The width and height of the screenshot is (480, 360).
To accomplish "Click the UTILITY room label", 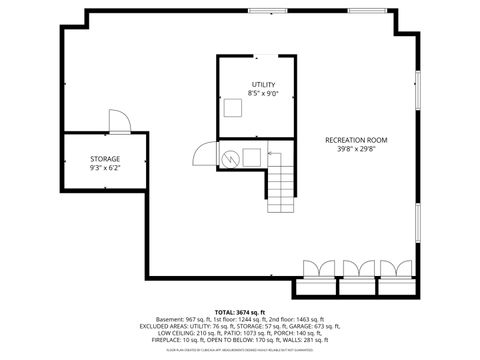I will (263, 85).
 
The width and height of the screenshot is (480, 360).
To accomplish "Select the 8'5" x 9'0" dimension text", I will (263, 94).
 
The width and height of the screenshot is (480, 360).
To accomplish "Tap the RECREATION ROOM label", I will (356, 140).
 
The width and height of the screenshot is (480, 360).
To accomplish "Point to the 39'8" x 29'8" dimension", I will (356, 149).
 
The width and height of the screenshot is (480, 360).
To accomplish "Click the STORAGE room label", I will (105, 159).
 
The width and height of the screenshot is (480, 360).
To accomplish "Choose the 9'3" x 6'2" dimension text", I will (105, 168).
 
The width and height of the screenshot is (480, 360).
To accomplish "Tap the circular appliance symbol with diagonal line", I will (230, 156).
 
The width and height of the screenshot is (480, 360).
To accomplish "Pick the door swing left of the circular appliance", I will (205, 154).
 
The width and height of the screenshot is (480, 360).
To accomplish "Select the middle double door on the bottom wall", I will (357, 268).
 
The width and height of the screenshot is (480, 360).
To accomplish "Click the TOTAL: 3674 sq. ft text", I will (240, 311).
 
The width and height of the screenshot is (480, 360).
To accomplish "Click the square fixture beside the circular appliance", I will (250, 156).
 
